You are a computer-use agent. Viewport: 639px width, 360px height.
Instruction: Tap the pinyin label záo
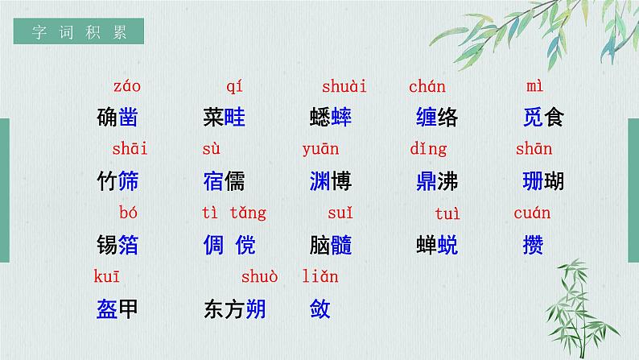coord(126,86)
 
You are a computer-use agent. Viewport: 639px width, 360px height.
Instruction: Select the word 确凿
coord(117,118)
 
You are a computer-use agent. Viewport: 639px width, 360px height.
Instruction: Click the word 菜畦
coord(225,118)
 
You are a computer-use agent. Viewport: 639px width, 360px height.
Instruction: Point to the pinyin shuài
coord(344,86)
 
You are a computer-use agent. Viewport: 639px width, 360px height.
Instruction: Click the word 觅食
coord(543,118)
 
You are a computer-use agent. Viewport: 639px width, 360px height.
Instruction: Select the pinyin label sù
coord(211,149)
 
